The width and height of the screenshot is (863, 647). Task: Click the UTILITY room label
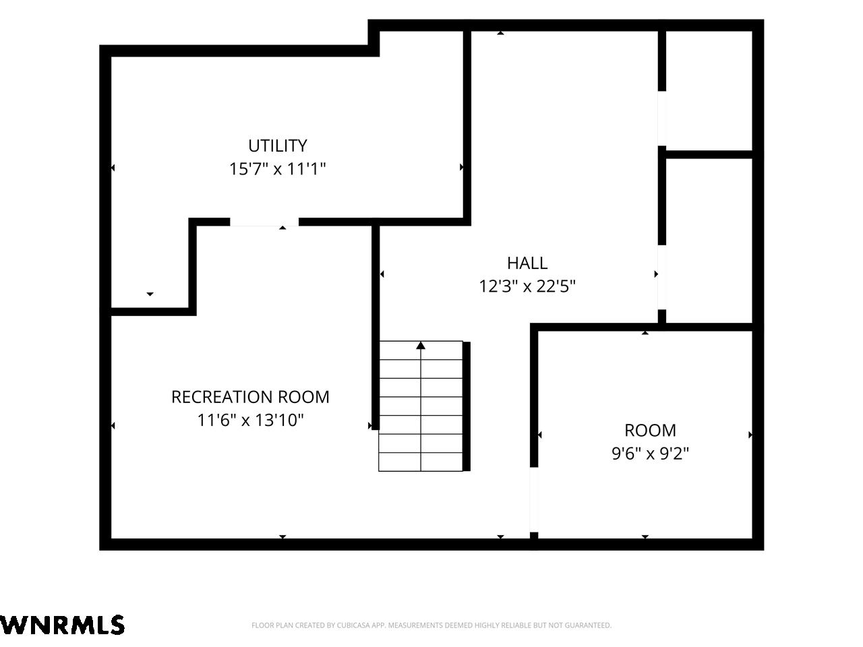coord(278,146)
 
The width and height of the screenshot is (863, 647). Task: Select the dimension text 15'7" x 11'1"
coord(278,169)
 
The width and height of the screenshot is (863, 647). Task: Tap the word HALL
coord(527,264)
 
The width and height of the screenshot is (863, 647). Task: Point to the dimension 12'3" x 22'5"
coord(527,286)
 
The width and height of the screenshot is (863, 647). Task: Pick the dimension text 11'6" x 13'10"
coord(250,421)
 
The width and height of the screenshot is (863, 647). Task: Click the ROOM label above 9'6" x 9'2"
coord(651,431)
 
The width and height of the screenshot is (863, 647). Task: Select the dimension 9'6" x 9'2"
coord(651,454)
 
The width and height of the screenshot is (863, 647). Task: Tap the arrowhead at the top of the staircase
coord(421,345)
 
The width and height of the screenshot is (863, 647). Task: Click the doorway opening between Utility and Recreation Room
coord(264,222)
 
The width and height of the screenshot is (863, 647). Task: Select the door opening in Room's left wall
coord(534,499)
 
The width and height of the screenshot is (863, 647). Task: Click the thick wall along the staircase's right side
coord(467,406)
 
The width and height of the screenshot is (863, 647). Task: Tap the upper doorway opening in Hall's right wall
coord(662,118)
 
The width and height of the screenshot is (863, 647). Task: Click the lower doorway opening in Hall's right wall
coord(662,278)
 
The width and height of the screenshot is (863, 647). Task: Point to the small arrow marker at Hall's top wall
coord(500,33)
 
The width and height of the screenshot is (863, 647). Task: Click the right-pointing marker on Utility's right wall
coord(462,167)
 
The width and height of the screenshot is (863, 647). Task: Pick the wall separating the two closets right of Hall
coord(709,154)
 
